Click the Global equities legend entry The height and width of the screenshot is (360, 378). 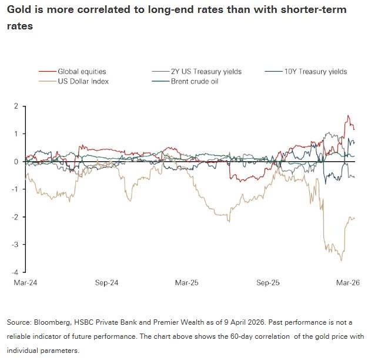point(80,72)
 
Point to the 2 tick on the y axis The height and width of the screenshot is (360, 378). point(16,106)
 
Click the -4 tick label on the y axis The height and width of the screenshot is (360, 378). point(15,272)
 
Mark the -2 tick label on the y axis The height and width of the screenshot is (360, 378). point(15,216)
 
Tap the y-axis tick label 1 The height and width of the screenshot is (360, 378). point(16,134)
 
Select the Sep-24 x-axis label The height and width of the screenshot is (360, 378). point(106,283)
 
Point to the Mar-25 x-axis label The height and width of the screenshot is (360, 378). point(188,283)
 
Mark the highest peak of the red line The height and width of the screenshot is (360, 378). point(348,116)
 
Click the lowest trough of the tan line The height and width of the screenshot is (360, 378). point(342,261)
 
